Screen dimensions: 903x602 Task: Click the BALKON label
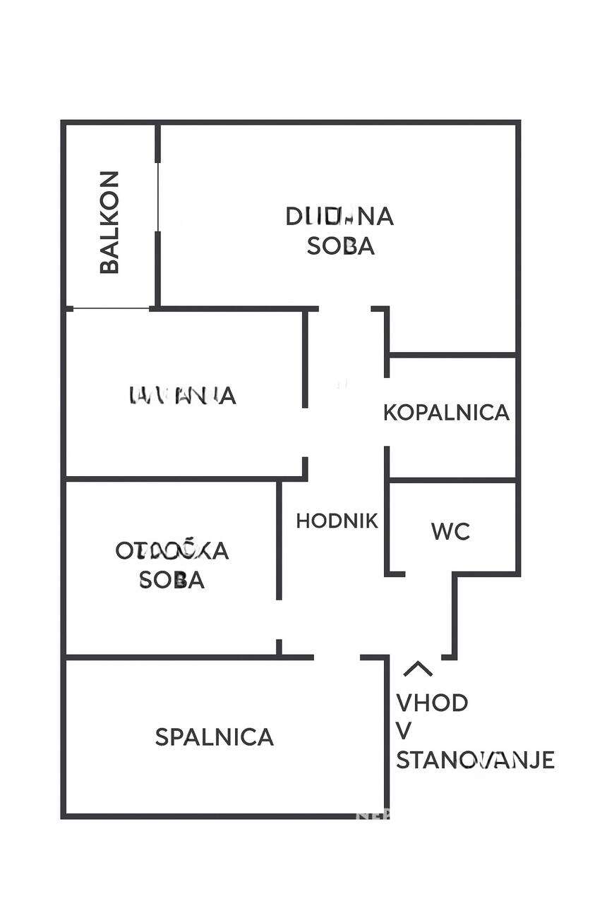pyautogui.click(x=109, y=222)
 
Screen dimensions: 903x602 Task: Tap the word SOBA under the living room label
pyautogui.click(x=341, y=246)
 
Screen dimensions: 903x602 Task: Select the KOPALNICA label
pyautogui.click(x=446, y=412)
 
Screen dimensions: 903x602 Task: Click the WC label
pyautogui.click(x=451, y=531)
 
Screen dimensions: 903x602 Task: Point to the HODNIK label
pyautogui.click(x=337, y=521)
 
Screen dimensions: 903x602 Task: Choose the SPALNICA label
pyautogui.click(x=214, y=737)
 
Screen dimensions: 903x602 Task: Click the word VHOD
pyautogui.click(x=432, y=703)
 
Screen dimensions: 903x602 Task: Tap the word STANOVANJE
pyautogui.click(x=475, y=760)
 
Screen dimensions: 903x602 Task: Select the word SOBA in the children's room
pyautogui.click(x=171, y=579)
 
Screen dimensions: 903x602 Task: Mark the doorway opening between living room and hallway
pyautogui.click(x=345, y=308)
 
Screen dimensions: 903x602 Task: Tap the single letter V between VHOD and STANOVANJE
pyautogui.click(x=404, y=732)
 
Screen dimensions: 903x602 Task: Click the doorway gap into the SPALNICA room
pyautogui.click(x=337, y=657)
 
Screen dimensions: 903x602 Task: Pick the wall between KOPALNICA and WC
pyautogui.click(x=452, y=480)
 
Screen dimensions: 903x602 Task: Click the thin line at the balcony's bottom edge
pyautogui.click(x=112, y=308)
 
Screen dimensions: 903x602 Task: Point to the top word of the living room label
pyautogui.click(x=339, y=216)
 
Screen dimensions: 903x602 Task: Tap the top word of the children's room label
pyautogui.click(x=172, y=550)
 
